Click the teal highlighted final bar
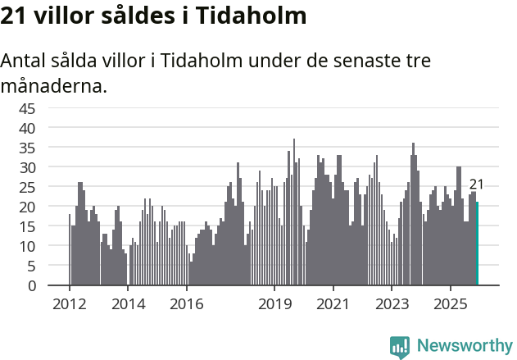pyautogui.click(x=477, y=244)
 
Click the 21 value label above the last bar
pyautogui.click(x=476, y=185)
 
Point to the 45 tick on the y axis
pyautogui.click(x=27, y=108)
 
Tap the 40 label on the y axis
pyautogui.click(x=27, y=128)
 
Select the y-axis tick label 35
pyautogui.click(x=27, y=148)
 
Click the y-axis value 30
pyautogui.click(x=27, y=167)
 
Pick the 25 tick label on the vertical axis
pyautogui.click(x=27, y=187)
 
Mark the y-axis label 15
pyautogui.click(x=27, y=226)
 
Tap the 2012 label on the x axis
pyautogui.click(x=69, y=304)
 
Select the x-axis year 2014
pyautogui.click(x=128, y=304)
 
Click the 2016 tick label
pyautogui.click(x=187, y=304)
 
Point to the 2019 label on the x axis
pyautogui.click(x=274, y=304)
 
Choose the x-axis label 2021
pyautogui.click(x=333, y=304)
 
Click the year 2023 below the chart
pyautogui.click(x=392, y=304)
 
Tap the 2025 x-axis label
pyautogui.click(x=451, y=304)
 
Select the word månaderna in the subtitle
pyautogui.click(x=53, y=84)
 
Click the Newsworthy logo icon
pyautogui.click(x=400, y=346)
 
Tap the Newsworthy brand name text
pyautogui.click(x=465, y=346)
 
